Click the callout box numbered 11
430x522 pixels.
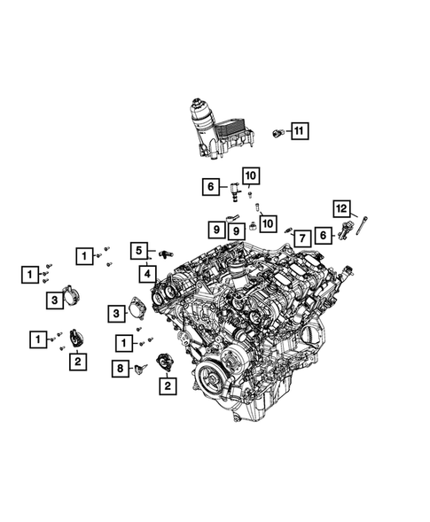click(x=299, y=132)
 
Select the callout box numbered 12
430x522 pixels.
click(x=341, y=208)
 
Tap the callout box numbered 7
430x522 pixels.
click(x=301, y=237)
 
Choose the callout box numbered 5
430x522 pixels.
click(x=140, y=251)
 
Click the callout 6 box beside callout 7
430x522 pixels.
click(x=324, y=234)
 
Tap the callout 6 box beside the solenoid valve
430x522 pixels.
click(x=210, y=186)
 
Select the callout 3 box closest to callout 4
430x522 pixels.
click(x=115, y=312)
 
